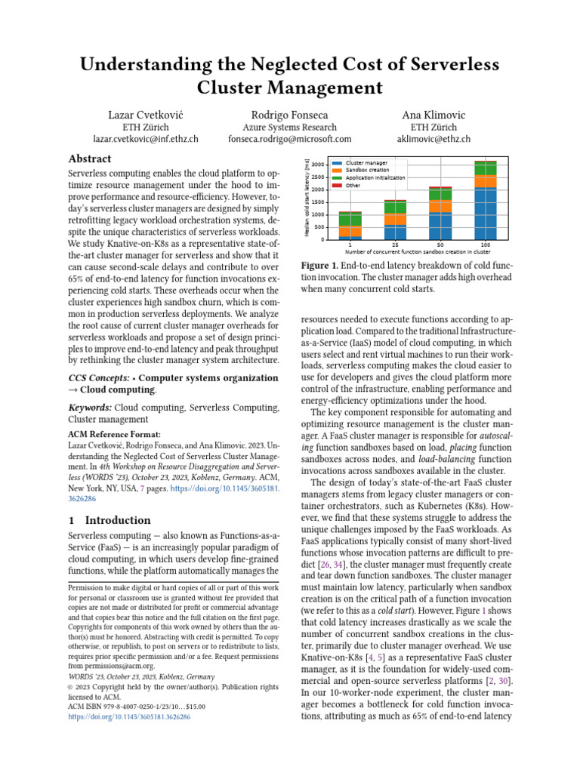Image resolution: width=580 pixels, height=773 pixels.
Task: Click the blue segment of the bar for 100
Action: point(485,215)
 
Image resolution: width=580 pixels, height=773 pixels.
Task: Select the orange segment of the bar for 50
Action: point(440,206)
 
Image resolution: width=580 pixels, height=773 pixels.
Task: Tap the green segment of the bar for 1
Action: point(350,219)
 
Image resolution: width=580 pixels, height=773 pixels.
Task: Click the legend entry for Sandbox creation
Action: point(366,171)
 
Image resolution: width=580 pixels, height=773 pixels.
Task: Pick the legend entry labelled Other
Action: point(353,185)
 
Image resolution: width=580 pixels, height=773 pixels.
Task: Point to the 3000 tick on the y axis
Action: point(319,164)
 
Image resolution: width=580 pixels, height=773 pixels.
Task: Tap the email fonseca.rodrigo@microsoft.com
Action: point(290,139)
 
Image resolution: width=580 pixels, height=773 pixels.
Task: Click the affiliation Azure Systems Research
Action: point(290,127)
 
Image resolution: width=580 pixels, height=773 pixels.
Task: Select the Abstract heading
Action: point(90,159)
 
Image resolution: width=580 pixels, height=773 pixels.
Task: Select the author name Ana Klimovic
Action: point(433,114)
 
